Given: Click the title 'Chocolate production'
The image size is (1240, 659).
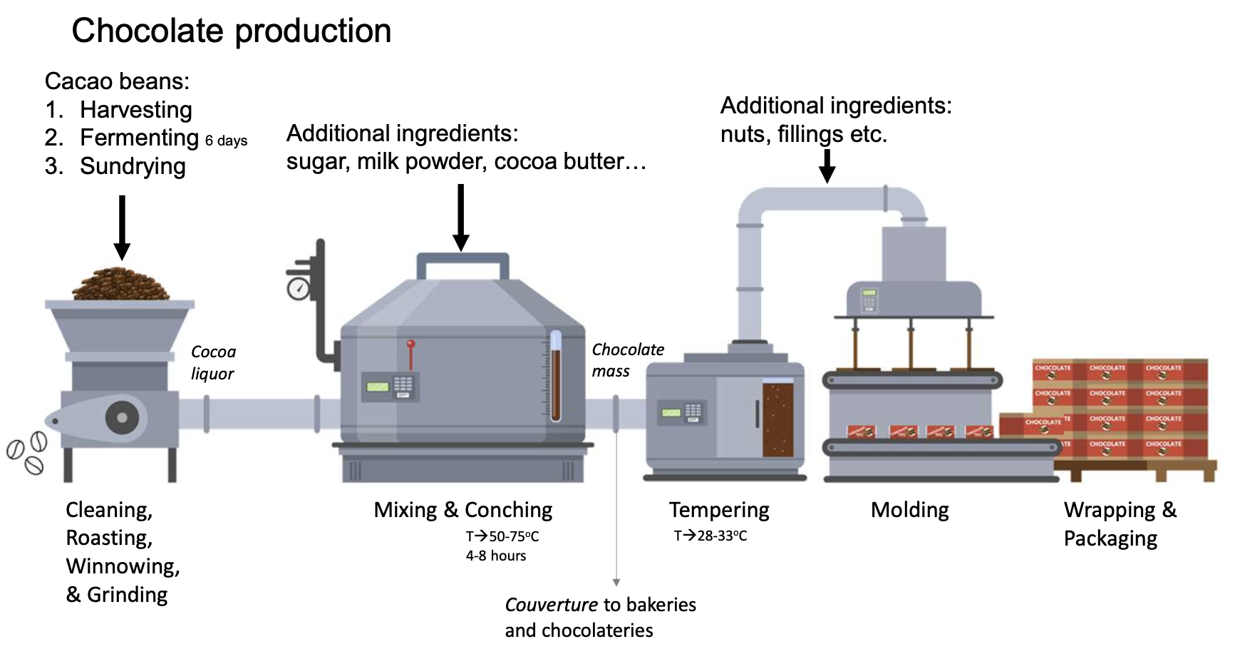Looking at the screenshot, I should coord(232,31).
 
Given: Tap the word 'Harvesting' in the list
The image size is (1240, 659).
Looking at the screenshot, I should coord(136,110).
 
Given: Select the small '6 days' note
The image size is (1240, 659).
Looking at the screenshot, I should coord(226,141).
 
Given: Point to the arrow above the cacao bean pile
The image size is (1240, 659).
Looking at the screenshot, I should coord(122,228).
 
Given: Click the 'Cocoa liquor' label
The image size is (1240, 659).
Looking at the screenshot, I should coord(213,362).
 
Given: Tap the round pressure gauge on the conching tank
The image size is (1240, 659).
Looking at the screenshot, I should coord(298,288).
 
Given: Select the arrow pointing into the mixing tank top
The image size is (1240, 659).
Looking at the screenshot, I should coord(461,217).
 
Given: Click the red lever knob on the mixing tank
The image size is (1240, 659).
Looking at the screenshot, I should coord(410,345).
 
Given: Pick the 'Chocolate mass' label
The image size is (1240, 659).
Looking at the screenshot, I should coord(627,360).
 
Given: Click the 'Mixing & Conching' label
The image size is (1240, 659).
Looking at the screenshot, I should coord(463,510).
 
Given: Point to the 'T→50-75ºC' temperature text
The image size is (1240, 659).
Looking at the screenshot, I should coord(502,536).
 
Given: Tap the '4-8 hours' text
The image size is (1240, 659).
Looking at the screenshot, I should coord(496,556).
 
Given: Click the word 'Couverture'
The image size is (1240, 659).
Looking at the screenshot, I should coord(551,605).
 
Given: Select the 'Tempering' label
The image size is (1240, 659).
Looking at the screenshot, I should coord(719,510).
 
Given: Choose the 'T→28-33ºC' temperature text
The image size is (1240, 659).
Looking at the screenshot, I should coord(710,536).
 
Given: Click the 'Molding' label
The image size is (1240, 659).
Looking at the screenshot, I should coord(910,510).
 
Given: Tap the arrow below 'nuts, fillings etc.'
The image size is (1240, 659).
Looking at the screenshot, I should coord(827,165).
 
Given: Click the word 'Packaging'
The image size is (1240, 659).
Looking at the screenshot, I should coord(1110,538).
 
